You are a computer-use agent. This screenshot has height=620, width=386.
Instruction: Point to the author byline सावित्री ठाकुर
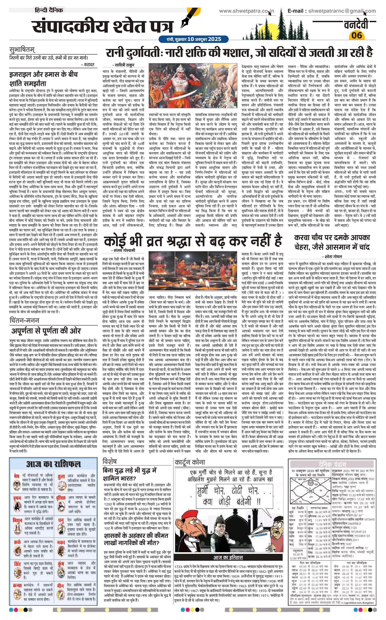pos(123,65)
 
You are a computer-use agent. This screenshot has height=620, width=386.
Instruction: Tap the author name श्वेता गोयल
pos(332,256)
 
